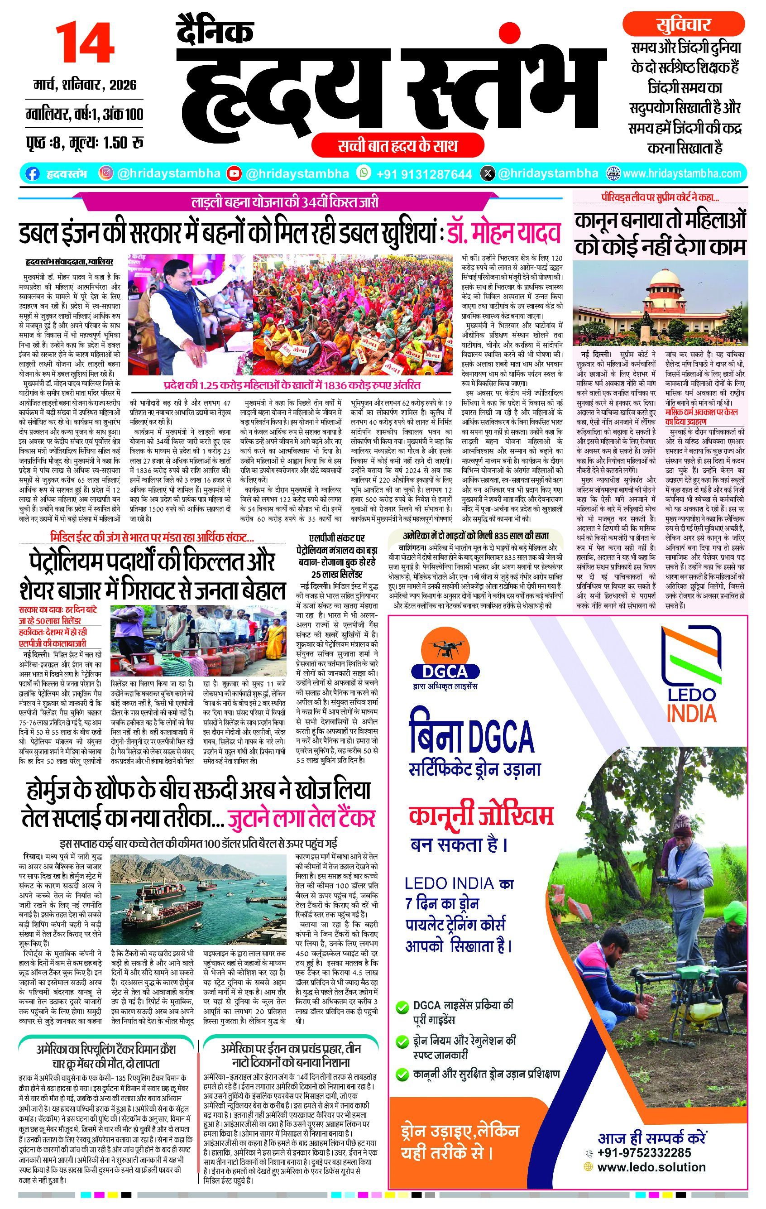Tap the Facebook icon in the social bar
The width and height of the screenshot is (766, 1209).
click(x=32, y=174)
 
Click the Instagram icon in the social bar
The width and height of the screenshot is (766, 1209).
click(x=106, y=173)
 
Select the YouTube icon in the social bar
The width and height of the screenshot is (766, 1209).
click(x=234, y=174)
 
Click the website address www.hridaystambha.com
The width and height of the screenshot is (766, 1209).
click(x=682, y=174)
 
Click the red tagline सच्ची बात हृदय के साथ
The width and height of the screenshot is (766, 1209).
click(x=397, y=146)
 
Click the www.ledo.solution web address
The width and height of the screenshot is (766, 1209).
click(x=651, y=1167)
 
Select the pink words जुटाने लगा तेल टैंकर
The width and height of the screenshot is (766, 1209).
click(x=301, y=819)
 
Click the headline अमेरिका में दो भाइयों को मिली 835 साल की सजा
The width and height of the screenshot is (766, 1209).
click(x=476, y=535)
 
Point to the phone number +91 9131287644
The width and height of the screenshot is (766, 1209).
click(x=424, y=174)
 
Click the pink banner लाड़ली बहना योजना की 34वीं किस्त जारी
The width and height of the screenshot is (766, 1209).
click(x=285, y=202)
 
